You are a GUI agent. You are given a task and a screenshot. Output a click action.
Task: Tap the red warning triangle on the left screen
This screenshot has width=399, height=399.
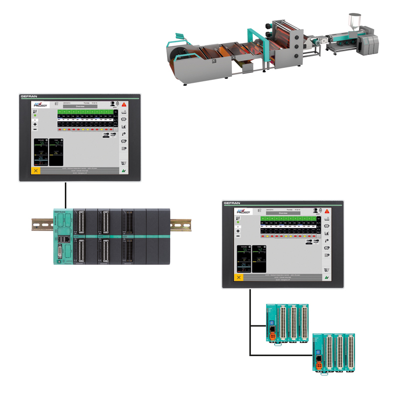[124, 104]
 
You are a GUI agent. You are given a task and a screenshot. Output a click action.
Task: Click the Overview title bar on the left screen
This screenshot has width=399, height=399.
[80, 106]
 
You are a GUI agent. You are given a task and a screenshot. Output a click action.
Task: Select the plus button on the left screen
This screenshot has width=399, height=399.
[35, 124]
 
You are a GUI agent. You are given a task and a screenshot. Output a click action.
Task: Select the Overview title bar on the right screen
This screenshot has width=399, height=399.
[283, 213]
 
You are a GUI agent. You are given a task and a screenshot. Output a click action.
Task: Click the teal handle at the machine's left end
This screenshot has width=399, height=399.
[177, 39]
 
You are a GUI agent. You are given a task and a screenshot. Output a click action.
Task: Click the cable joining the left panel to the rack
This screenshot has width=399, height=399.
[65, 195]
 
